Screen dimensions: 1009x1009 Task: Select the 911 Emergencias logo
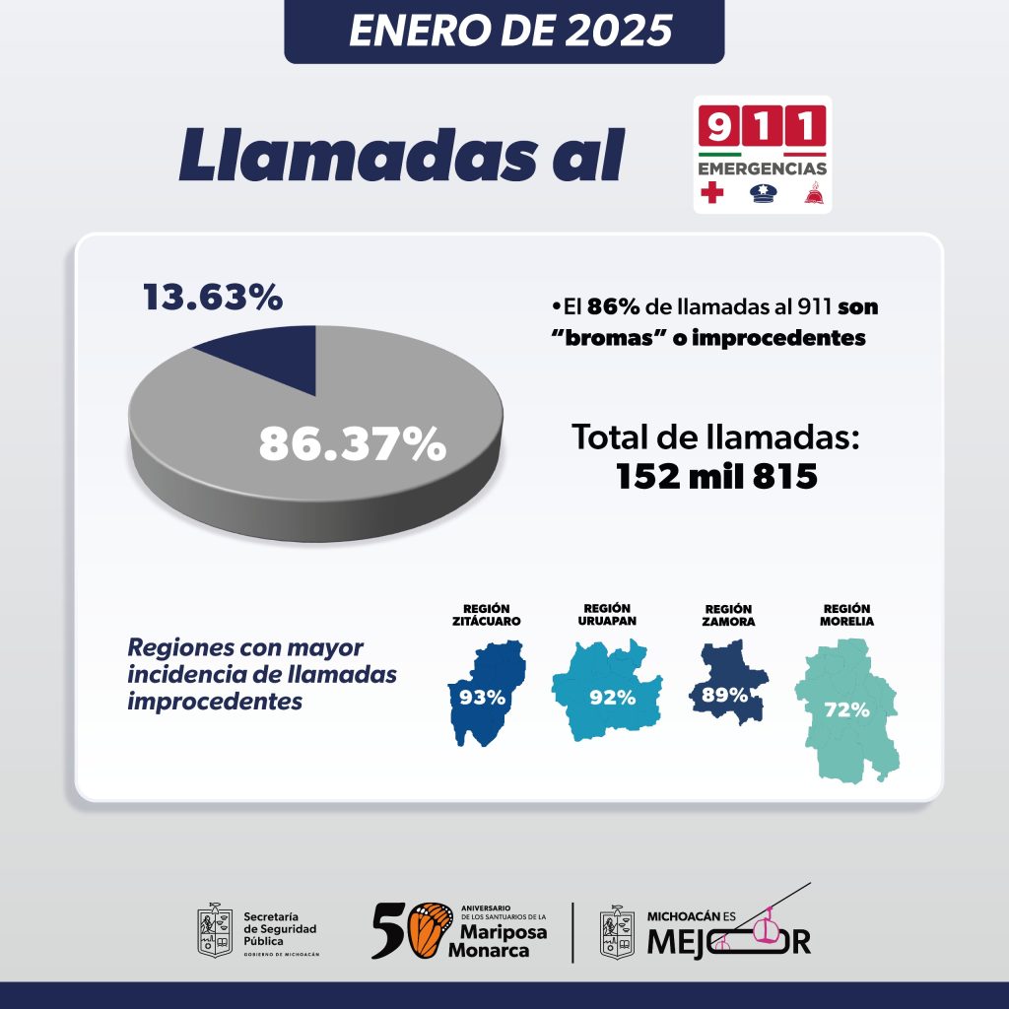tap(762, 154)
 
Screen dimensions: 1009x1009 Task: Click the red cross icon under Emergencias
tap(709, 193)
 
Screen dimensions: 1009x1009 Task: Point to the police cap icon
tap(762, 193)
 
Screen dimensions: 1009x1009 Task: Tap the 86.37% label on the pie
tap(352, 443)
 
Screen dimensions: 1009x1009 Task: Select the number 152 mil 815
tap(716, 477)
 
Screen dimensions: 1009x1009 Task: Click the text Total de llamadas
tap(716, 437)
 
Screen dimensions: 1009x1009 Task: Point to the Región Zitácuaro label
tap(486, 615)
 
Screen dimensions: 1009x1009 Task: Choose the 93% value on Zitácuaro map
tap(483, 697)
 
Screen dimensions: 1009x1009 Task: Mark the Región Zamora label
tap(729, 616)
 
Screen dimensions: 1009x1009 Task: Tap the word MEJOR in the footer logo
tap(729, 942)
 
